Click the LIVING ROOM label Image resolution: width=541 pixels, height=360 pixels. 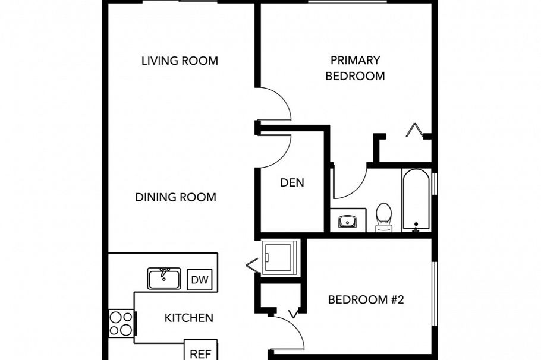click(180, 61)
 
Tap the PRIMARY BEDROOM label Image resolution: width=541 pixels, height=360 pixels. click(356, 68)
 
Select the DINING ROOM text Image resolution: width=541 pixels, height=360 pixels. click(175, 197)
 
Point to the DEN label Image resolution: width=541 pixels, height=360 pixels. click(292, 182)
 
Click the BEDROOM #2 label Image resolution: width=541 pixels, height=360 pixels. click(366, 299)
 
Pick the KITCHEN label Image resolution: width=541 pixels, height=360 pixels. click(188, 318)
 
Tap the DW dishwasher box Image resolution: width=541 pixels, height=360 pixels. click(200, 280)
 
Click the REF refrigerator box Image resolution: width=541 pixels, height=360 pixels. click(200, 353)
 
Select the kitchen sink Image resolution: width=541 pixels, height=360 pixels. click(164, 278)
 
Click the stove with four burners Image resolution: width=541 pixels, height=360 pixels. click(121, 324)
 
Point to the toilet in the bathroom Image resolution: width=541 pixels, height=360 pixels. click(384, 216)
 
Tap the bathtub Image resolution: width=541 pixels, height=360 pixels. click(416, 200)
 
